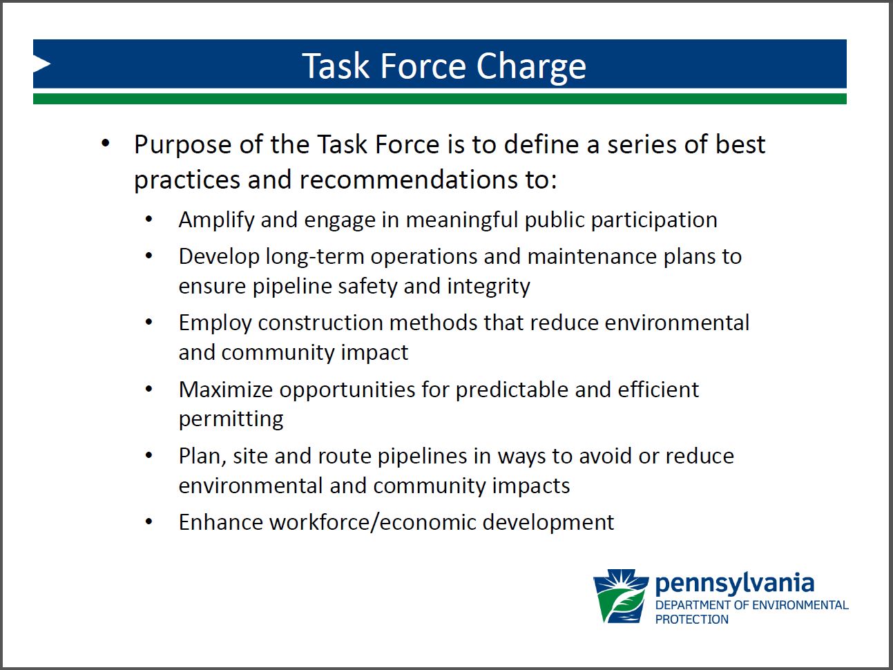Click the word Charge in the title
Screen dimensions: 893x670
531,67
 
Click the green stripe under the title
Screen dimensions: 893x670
440,99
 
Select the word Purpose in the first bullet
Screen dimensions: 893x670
183,146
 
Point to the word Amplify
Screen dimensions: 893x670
216,221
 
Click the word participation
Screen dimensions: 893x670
654,221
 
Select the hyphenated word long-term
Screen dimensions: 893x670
314,258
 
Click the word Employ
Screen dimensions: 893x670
215,324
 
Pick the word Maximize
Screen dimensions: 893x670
226,390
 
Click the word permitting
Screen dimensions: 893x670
231,420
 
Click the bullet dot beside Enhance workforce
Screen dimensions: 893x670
149,521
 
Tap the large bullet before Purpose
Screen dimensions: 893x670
106,143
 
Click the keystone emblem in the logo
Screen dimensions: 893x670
621,596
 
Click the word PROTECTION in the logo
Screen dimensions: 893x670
691,619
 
